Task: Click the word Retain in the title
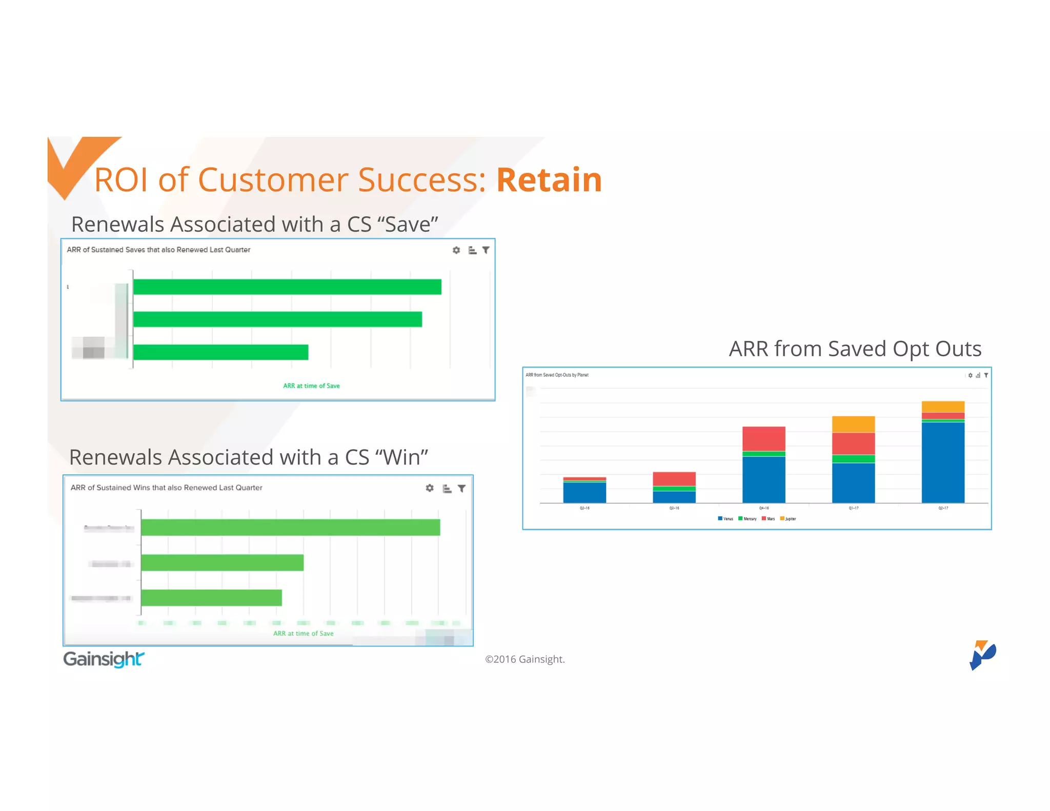tap(549, 180)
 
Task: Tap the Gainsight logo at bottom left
tap(104, 659)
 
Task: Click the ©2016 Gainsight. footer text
tap(524, 659)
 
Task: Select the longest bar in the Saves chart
tap(287, 287)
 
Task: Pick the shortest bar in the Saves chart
tap(220, 352)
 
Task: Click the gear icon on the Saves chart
tap(456, 250)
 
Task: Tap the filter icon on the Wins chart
tap(461, 489)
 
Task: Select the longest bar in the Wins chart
tap(290, 528)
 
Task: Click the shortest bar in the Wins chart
tap(211, 598)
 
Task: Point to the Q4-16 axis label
tap(764, 508)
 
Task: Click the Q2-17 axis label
tap(943, 508)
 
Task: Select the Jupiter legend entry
tap(788, 519)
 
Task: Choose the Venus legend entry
tap(725, 519)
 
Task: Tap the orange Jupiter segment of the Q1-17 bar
tap(853, 424)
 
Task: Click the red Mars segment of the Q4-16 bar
tap(764, 439)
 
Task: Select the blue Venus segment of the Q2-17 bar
tap(943, 461)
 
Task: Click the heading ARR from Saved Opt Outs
tap(855, 349)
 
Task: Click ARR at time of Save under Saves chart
tap(311, 386)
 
